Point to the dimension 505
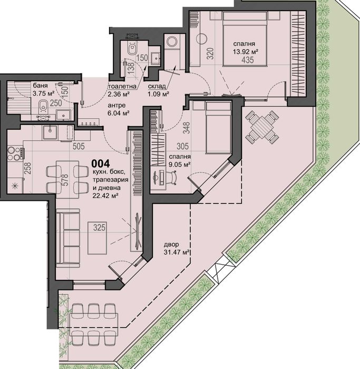78,148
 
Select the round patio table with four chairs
262,128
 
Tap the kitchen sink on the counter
51,132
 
